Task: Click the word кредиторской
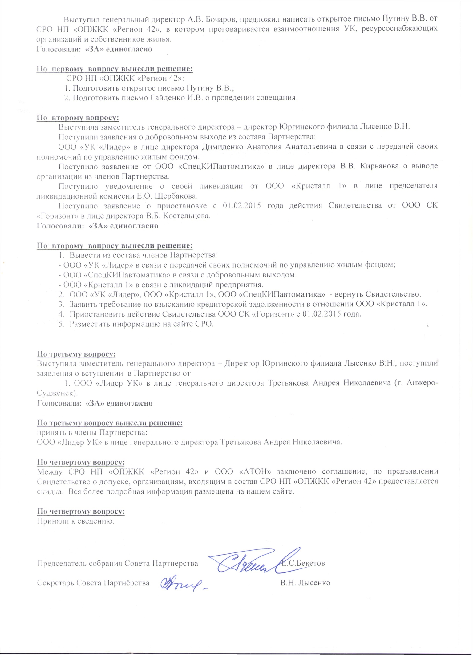click(x=222, y=304)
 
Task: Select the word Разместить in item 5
click(x=90, y=324)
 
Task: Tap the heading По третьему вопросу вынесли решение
click(x=110, y=423)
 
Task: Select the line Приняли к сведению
click(x=76, y=521)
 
